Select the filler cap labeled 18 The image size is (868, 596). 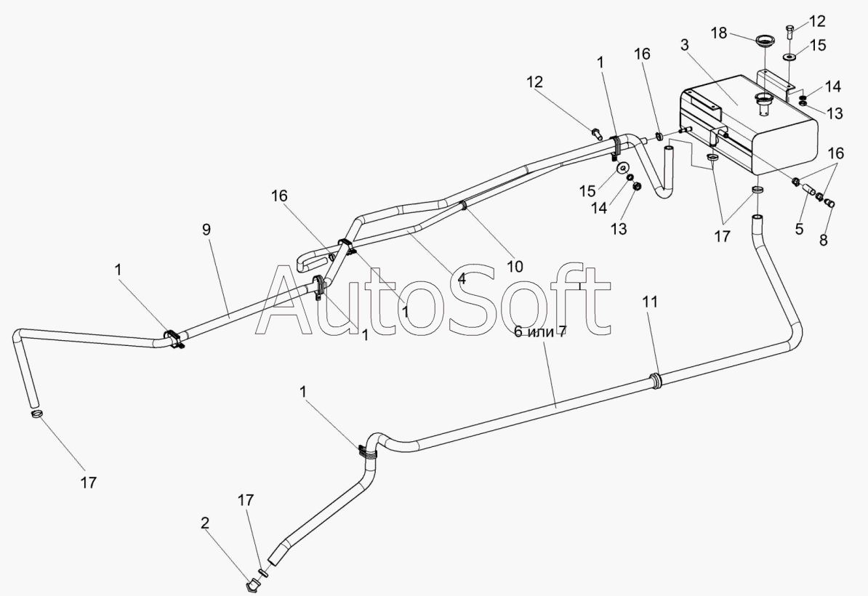tap(763, 40)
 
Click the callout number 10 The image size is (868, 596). tap(515, 267)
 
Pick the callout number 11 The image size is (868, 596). tap(650, 302)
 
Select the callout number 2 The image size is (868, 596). tap(205, 523)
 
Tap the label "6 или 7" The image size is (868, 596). tap(540, 331)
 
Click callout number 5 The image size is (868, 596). tap(800, 230)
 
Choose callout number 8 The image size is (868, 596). tap(824, 239)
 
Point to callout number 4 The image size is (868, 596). tap(462, 278)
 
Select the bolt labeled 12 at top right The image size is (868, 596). tap(791, 32)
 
